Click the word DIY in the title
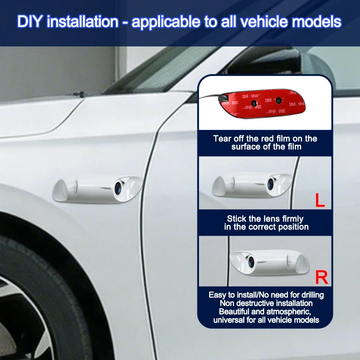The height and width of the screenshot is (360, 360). pyautogui.click(x=30, y=22)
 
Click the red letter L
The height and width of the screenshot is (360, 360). pyautogui.click(x=320, y=200)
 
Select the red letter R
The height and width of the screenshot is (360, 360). pyautogui.click(x=321, y=277)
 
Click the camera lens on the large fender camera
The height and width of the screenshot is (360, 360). pyautogui.click(x=118, y=188)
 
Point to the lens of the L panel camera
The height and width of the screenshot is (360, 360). pyautogui.click(x=270, y=184)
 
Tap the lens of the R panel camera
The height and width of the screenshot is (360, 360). pyautogui.click(x=251, y=262)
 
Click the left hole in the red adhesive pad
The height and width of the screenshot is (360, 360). pyautogui.click(x=254, y=103)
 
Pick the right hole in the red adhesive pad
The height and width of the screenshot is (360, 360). pyautogui.click(x=279, y=100)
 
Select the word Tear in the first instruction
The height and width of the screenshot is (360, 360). pyautogui.click(x=222, y=139)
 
